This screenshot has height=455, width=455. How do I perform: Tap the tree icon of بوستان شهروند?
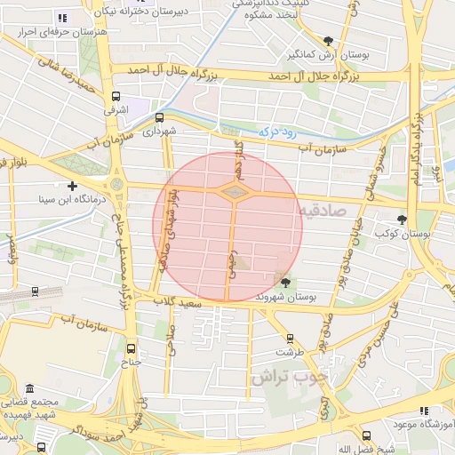tap(284, 283)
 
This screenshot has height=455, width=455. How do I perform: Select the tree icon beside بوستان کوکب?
tap(403, 219)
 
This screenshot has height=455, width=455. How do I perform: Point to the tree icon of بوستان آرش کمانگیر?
tap(329, 40)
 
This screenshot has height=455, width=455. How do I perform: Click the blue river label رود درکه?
tap(275, 131)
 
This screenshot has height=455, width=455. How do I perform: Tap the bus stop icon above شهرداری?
tap(159, 116)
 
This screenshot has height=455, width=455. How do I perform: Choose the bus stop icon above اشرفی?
tap(115, 96)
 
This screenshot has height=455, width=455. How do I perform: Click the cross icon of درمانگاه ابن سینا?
tap(72, 185)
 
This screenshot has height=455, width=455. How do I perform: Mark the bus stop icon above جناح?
tap(132, 347)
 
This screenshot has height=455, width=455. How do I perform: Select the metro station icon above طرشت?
tap(289, 338)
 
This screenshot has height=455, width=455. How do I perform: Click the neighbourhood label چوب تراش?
tap(288, 376)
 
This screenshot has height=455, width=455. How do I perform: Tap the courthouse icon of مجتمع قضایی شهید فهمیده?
tap(30, 389)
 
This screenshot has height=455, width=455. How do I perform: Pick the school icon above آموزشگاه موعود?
tap(424, 410)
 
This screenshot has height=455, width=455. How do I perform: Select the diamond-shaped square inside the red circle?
tap(234, 191)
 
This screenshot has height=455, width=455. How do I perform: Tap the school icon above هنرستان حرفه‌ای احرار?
tap(61, 17)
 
